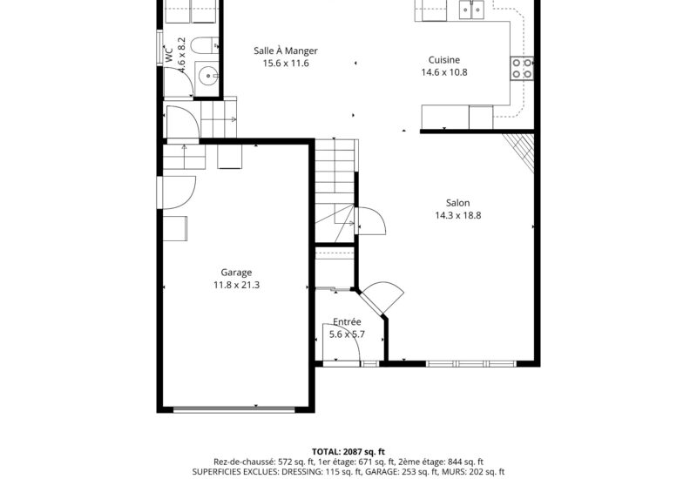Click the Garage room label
(235, 272)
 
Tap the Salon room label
(457, 203)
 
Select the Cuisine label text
(444, 60)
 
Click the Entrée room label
(347, 321)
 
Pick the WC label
(168, 53)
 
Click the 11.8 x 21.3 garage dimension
(235, 285)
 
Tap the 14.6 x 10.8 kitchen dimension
(444, 72)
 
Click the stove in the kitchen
(522, 68)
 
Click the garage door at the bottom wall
(234, 408)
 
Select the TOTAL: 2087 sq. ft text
(348, 451)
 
